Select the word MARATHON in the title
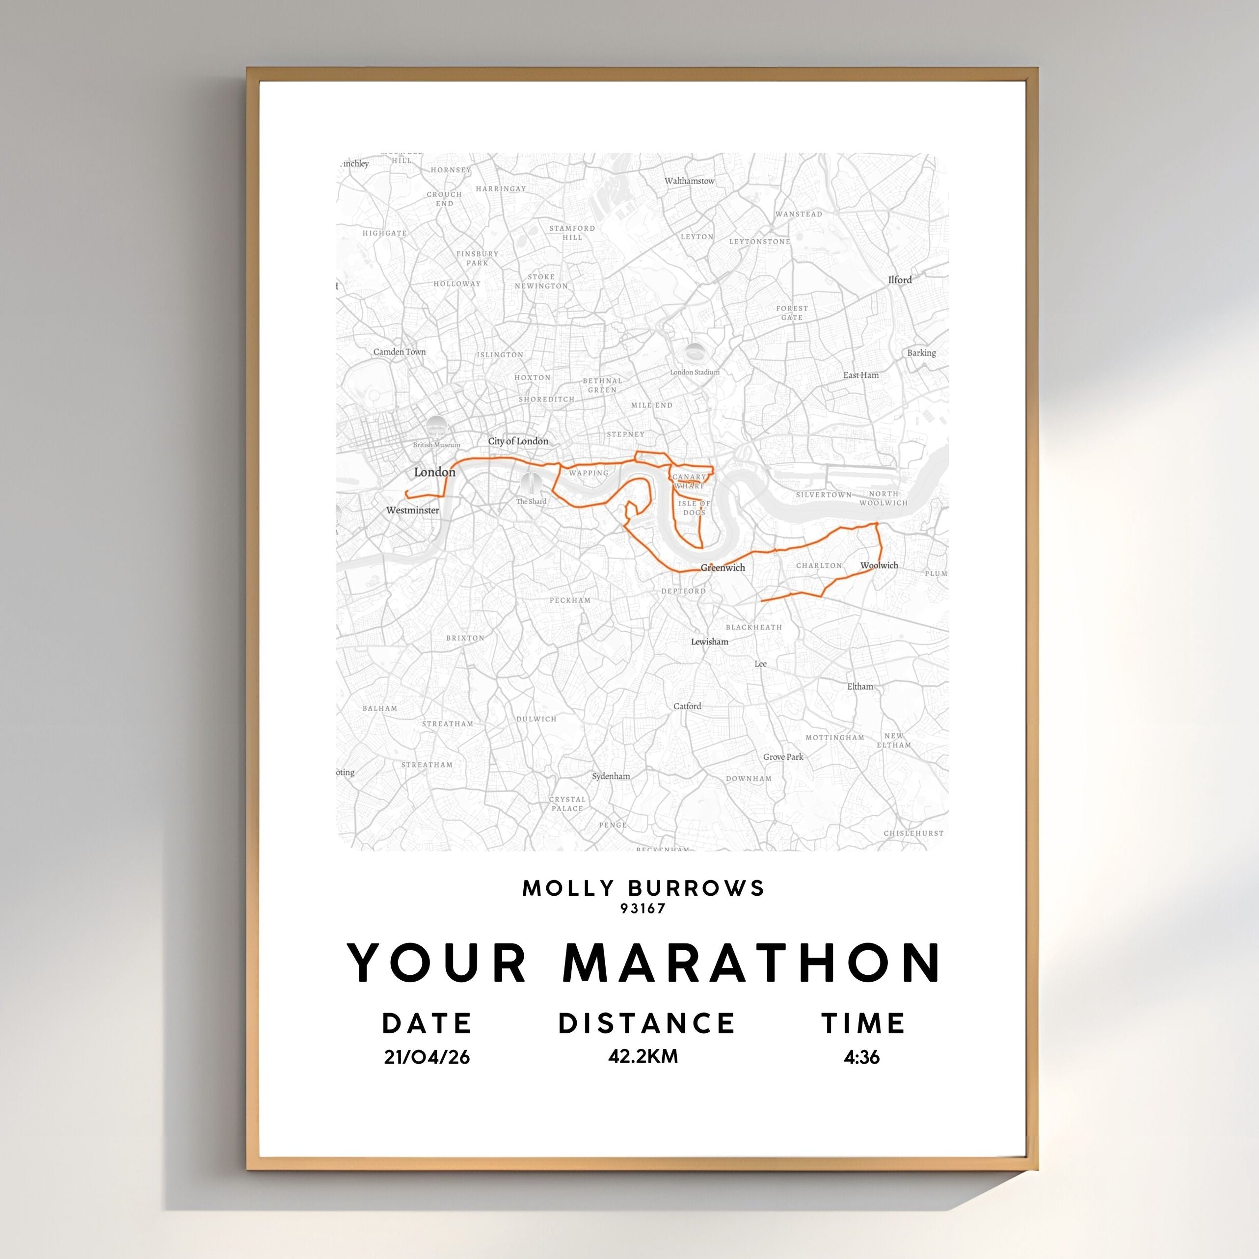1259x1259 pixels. (x=752, y=963)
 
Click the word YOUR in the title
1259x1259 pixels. (x=437, y=963)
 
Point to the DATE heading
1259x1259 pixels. (x=427, y=1023)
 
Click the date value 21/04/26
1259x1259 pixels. (x=427, y=1057)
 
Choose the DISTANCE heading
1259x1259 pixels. (x=646, y=1023)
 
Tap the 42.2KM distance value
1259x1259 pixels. (x=643, y=1056)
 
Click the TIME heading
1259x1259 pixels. (x=863, y=1023)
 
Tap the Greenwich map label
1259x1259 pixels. (x=723, y=567)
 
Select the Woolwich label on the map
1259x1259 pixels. (x=879, y=565)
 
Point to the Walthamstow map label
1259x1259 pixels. (x=690, y=181)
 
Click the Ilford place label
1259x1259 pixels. (x=900, y=280)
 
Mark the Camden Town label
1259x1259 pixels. (x=400, y=352)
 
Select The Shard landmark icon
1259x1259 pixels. (x=532, y=483)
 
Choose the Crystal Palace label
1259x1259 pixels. (x=567, y=804)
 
